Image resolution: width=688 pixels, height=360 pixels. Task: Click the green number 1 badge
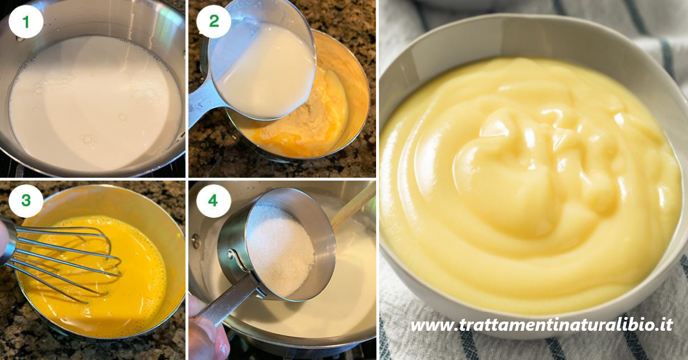click(x=26, y=22)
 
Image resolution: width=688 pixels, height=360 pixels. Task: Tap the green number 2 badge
click(x=214, y=21)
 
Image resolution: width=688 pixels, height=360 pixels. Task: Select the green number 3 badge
click(x=26, y=200)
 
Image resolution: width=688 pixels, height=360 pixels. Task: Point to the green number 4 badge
click(x=213, y=201)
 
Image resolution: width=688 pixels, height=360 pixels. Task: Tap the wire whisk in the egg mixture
click(x=61, y=261)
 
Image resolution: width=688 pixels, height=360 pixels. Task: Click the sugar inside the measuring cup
click(x=280, y=249)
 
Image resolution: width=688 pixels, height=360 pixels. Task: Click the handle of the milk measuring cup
click(x=203, y=101)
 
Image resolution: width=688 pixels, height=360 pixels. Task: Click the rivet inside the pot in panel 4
click(x=196, y=241)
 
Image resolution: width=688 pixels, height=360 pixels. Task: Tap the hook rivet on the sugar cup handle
click(x=230, y=255)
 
